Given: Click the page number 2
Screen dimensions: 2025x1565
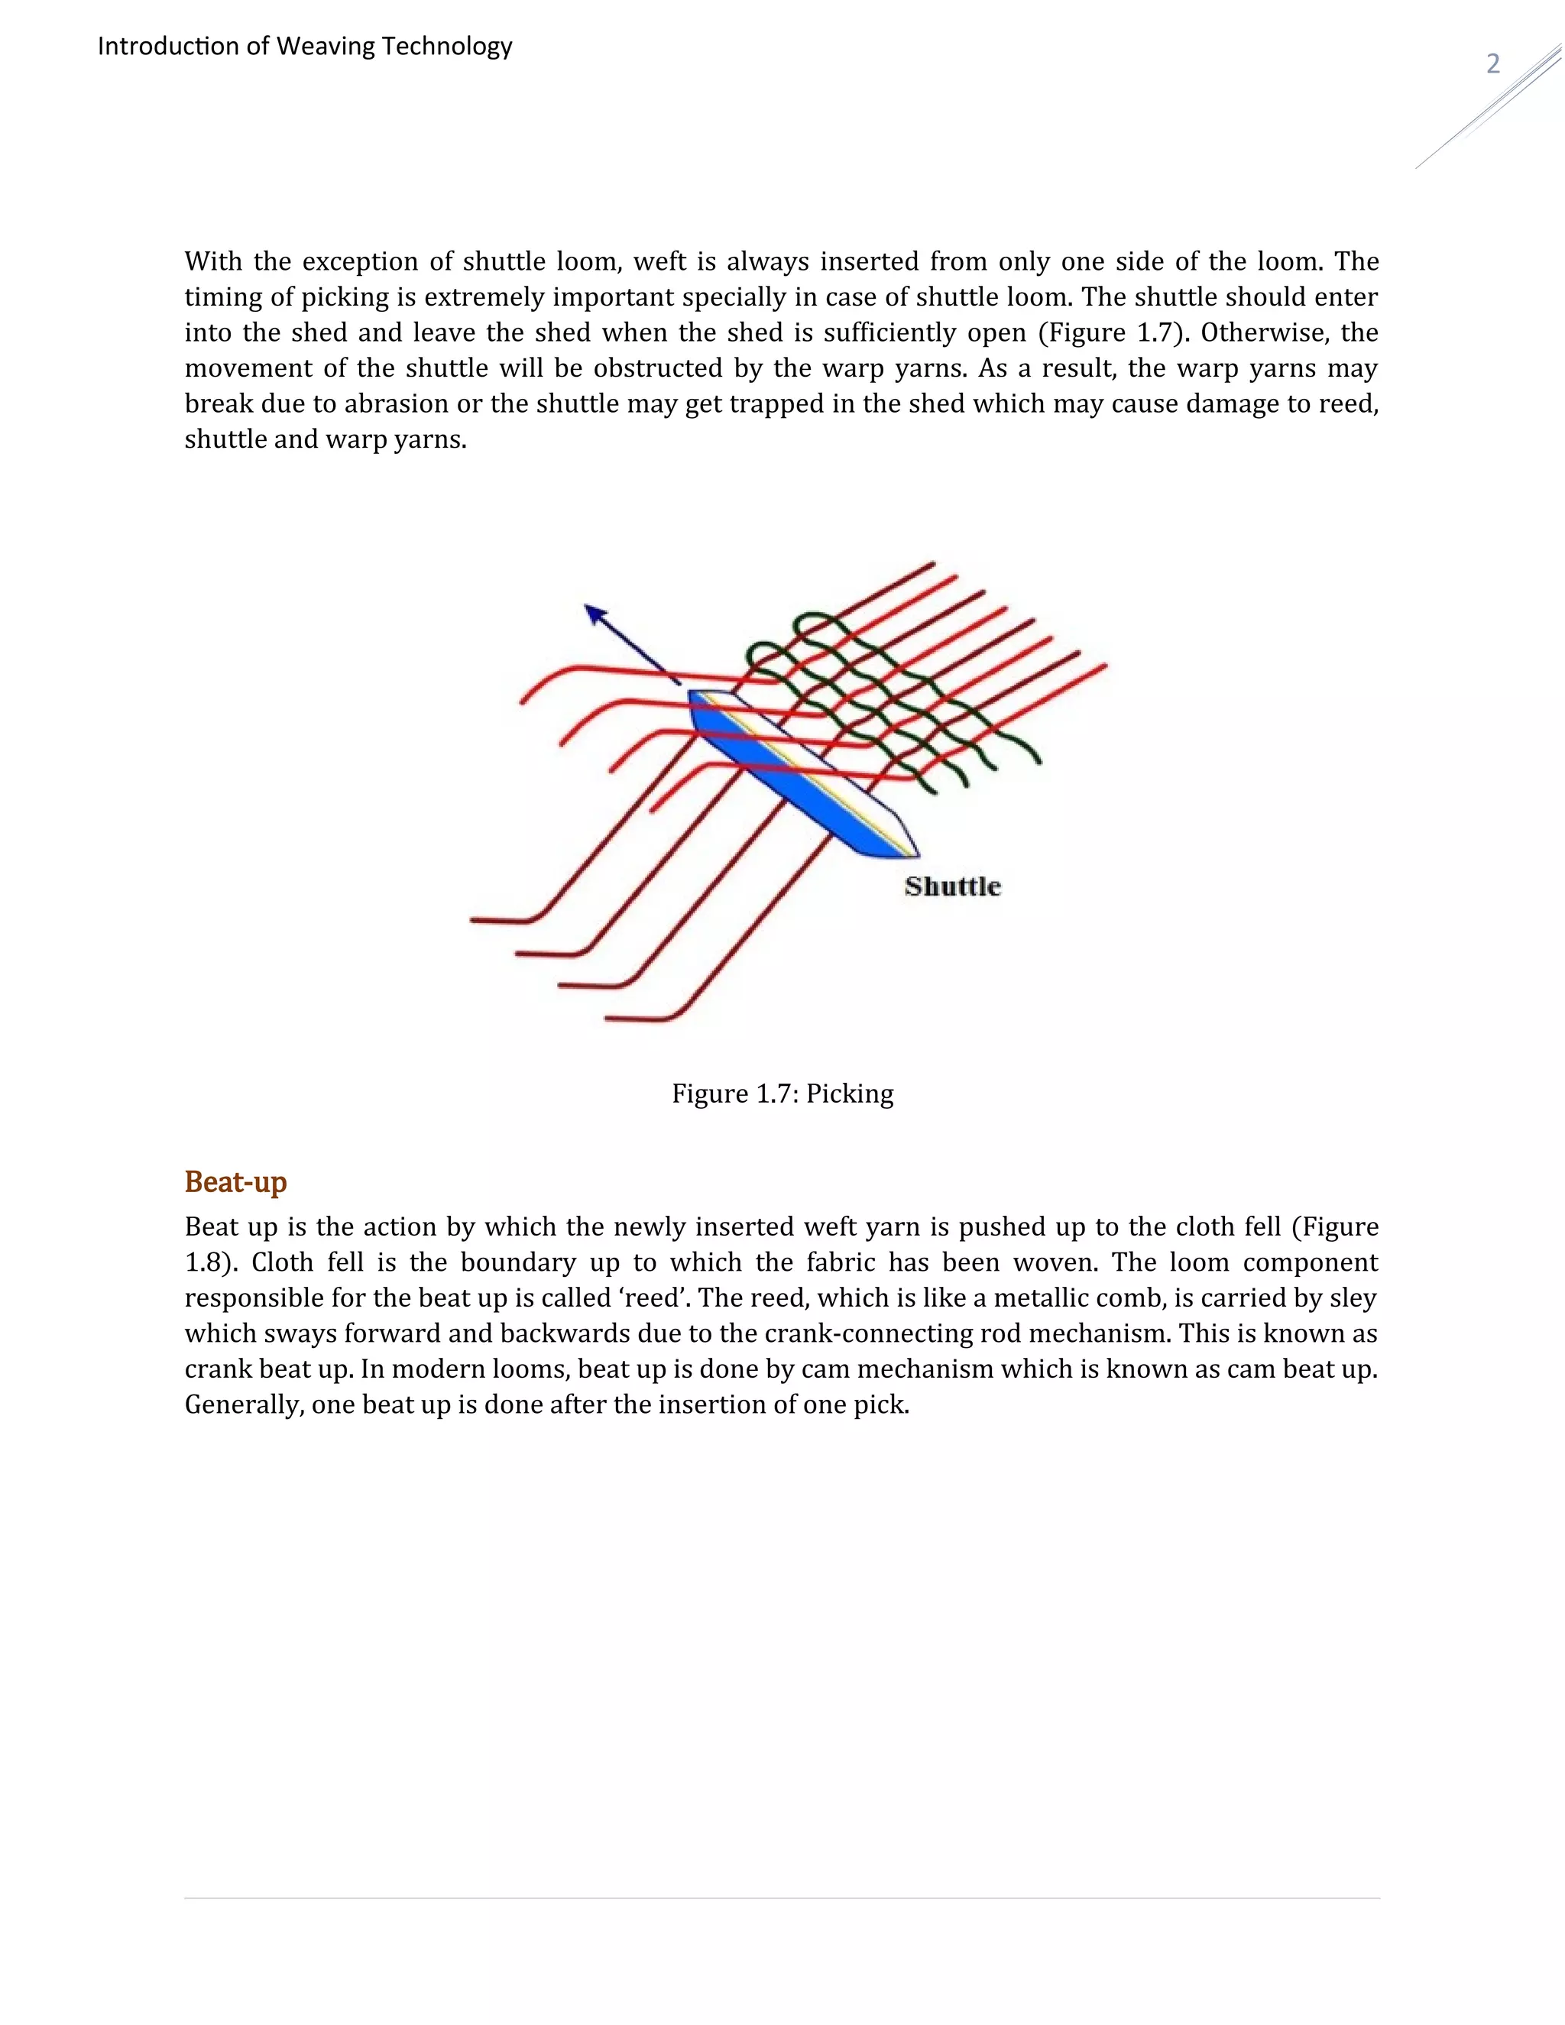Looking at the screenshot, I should [x=1492, y=64].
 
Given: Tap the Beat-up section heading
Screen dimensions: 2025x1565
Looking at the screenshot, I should [x=235, y=1182].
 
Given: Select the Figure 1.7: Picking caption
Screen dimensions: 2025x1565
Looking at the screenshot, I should [x=782, y=1094].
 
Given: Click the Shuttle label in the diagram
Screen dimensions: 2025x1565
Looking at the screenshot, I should [x=952, y=886].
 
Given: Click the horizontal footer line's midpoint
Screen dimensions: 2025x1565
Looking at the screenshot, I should [x=782, y=1898].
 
